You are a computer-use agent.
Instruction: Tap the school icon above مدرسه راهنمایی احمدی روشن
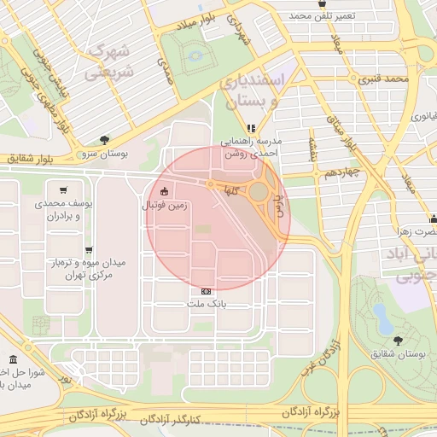[x=251, y=129]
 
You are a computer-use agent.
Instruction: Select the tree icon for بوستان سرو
[x=104, y=138]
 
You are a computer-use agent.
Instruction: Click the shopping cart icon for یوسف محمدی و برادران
[x=64, y=189]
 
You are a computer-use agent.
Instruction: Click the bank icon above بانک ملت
[x=206, y=290]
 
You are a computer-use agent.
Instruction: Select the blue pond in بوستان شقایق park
[x=383, y=318]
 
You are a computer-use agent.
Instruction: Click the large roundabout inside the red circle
[x=258, y=192]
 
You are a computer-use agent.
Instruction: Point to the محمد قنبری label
[x=385, y=79]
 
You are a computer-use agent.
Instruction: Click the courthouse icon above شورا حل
[x=12, y=360]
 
